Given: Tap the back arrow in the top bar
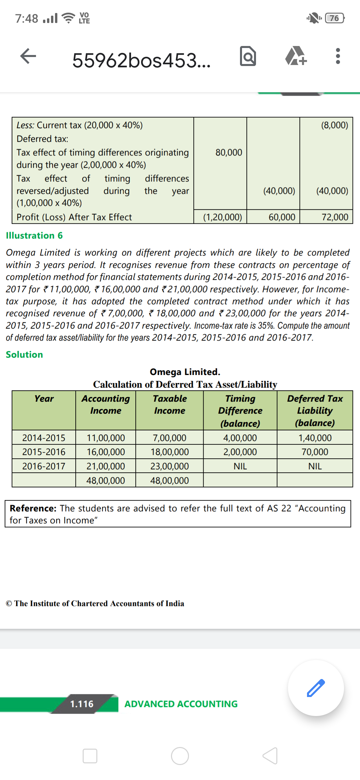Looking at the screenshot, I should tap(28, 56).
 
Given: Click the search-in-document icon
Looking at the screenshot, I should tap(248, 56).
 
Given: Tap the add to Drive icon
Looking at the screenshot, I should tap(296, 56).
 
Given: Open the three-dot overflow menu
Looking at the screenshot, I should tap(338, 56).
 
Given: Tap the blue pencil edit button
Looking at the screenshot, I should tap(316, 688).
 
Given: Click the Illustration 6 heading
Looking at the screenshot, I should tap(34, 236).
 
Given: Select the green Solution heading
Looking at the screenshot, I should tap(24, 355).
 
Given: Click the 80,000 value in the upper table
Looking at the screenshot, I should tap(229, 153).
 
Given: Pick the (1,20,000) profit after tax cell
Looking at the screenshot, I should tap(222, 217).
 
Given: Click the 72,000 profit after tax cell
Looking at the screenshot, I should tap(335, 217).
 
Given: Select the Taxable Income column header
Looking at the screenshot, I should tap(170, 405).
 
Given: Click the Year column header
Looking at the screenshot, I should tap(44, 399).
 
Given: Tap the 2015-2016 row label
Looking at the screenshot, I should tap(44, 452).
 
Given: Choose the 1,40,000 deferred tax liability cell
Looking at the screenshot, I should tap(315, 438).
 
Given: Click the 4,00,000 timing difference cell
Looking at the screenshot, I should tap(240, 438).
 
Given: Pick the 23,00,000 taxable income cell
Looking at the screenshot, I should tap(169, 466).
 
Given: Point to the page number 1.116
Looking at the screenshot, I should tap(82, 704).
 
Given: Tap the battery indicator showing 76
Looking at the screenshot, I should tap(335, 18).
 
